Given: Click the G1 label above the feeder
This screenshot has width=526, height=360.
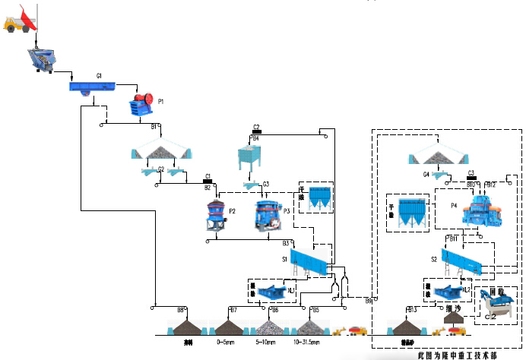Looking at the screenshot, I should [99, 76].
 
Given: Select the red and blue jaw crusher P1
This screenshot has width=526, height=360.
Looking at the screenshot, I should [141, 105].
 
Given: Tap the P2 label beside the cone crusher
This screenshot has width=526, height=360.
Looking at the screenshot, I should [233, 210].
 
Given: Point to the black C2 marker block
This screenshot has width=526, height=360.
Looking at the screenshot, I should [256, 131].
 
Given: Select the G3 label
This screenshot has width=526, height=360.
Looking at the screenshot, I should [266, 184].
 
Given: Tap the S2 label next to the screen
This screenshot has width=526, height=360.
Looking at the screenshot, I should [434, 259].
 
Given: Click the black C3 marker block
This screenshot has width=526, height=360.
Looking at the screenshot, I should [471, 178].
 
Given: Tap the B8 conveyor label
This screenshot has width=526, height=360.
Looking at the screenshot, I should [181, 309].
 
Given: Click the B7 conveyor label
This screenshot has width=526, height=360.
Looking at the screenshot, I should [233, 309].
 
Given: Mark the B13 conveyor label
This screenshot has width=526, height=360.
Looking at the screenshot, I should [412, 309].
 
